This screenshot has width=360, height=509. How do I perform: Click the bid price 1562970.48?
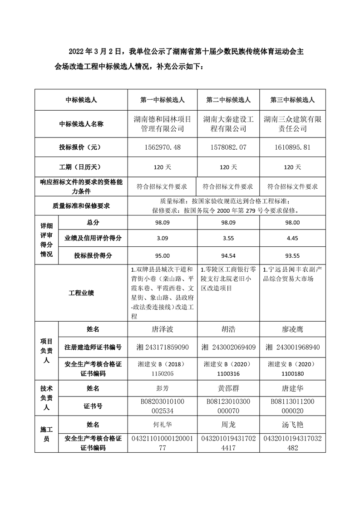tap(162, 147)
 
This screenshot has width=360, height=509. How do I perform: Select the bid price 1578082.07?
tap(228, 147)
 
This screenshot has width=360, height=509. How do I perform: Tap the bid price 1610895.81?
tap(292, 147)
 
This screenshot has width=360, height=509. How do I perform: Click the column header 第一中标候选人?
tap(162, 100)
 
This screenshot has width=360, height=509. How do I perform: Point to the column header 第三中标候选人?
tap(292, 100)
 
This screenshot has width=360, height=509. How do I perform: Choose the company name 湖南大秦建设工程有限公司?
tap(228, 124)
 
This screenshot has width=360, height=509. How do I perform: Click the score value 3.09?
tap(162, 238)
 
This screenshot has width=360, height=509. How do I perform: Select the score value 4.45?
tap(292, 238)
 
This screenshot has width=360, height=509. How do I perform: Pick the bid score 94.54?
tap(228, 255)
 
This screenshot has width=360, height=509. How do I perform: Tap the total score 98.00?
tap(292, 223)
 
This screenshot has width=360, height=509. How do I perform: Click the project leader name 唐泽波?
tap(162, 328)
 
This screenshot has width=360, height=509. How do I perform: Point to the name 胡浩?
tap(228, 328)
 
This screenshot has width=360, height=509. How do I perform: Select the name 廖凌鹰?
tap(292, 328)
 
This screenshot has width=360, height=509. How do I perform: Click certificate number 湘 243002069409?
tap(228, 347)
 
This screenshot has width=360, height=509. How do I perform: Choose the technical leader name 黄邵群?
tap(228, 388)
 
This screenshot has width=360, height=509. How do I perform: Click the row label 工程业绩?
tap(82, 293)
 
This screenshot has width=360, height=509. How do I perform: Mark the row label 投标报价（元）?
tap(82, 147)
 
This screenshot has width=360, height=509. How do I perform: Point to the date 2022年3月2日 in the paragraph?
tap(95, 52)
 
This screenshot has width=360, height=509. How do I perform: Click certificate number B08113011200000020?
tap(292, 406)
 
